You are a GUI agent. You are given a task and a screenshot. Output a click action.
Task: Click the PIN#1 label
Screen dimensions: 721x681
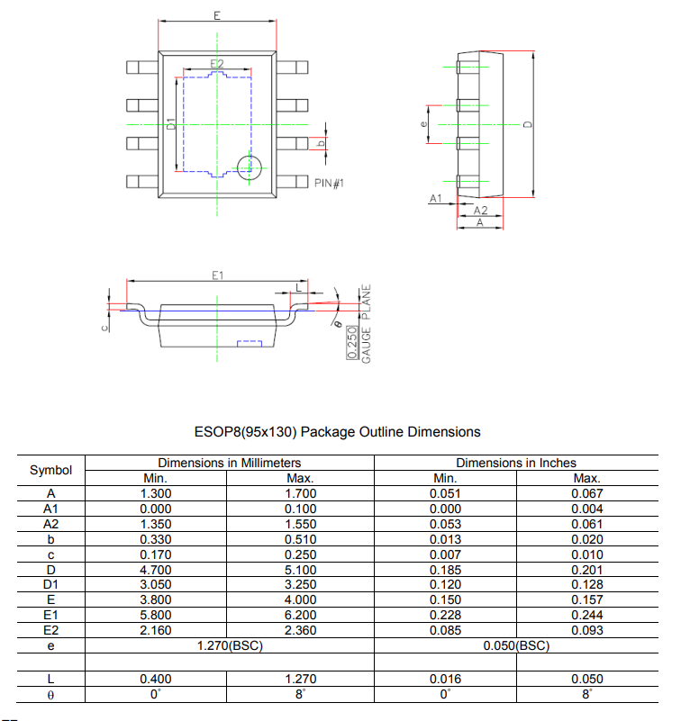(x=330, y=183)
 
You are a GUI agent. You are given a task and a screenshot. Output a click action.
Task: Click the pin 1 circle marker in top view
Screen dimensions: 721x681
(x=249, y=166)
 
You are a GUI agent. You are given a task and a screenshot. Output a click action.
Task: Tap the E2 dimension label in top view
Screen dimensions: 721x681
(x=216, y=64)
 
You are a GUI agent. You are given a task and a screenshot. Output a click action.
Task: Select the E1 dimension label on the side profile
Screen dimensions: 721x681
(x=217, y=275)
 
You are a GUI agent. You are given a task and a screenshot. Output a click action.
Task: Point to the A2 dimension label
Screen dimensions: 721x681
(x=480, y=210)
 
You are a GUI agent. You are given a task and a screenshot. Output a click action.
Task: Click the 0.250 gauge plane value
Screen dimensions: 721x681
(x=352, y=343)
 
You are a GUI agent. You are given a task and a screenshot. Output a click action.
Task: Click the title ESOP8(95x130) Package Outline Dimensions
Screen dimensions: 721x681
(x=338, y=432)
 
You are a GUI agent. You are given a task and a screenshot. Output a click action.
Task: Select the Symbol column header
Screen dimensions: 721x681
(x=50, y=471)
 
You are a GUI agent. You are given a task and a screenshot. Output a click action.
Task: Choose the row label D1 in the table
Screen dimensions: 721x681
(x=50, y=585)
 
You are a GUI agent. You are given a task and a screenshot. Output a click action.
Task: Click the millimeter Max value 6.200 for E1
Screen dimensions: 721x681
(x=300, y=616)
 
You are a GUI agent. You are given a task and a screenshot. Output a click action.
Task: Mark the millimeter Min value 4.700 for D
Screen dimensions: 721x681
(x=157, y=570)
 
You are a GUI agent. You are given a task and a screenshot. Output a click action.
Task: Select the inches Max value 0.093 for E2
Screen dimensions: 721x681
(x=586, y=631)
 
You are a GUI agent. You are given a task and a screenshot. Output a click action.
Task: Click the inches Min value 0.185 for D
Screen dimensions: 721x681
(x=446, y=570)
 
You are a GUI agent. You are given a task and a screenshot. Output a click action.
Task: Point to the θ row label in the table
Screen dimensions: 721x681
(x=50, y=694)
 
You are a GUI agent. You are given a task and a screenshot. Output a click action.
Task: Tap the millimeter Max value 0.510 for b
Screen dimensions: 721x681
(x=300, y=539)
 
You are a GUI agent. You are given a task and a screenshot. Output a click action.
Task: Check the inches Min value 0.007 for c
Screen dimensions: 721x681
(x=446, y=554)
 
